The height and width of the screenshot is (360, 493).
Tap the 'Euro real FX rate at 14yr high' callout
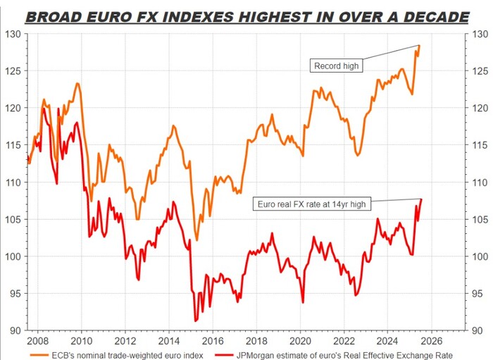(x=310, y=204)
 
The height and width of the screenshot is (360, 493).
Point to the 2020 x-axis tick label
(x=301, y=336)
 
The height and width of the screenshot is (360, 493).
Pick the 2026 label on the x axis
(x=431, y=336)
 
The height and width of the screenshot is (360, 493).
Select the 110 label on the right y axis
(x=479, y=182)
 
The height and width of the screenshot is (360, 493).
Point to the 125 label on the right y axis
(x=479, y=71)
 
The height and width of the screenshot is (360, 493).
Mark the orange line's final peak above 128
(x=420, y=45)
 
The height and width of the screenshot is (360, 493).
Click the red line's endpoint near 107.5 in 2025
(x=421, y=199)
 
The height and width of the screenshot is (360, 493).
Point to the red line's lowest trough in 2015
(x=195, y=321)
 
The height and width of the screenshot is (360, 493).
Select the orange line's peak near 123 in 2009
(x=77, y=84)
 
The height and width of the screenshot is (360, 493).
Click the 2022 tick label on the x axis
(x=344, y=336)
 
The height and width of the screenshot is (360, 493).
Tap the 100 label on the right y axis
(x=479, y=256)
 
